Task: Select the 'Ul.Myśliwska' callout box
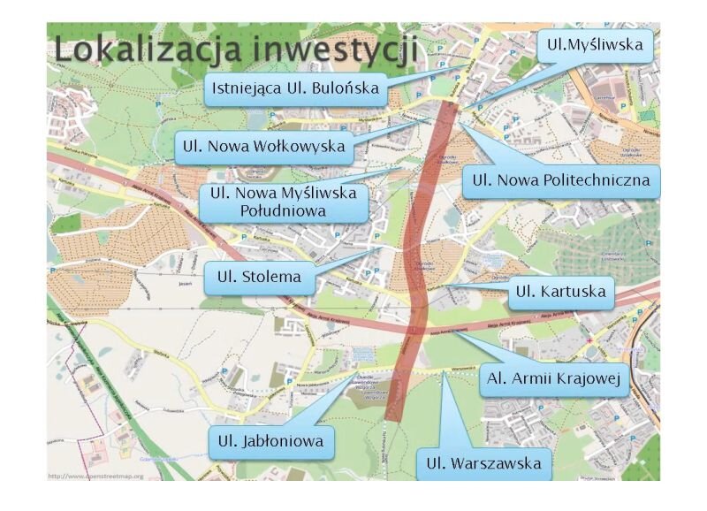(x=597, y=42)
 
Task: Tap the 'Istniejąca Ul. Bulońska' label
(x=294, y=88)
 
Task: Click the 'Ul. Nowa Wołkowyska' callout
(x=263, y=146)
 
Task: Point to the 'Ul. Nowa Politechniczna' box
(x=561, y=181)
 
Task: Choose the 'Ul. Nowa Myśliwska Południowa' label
(x=283, y=202)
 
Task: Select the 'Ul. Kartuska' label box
(x=560, y=292)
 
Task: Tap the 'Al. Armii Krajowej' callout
(x=556, y=381)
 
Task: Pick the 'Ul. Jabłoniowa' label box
(x=271, y=440)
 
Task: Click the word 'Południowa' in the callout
(x=283, y=211)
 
